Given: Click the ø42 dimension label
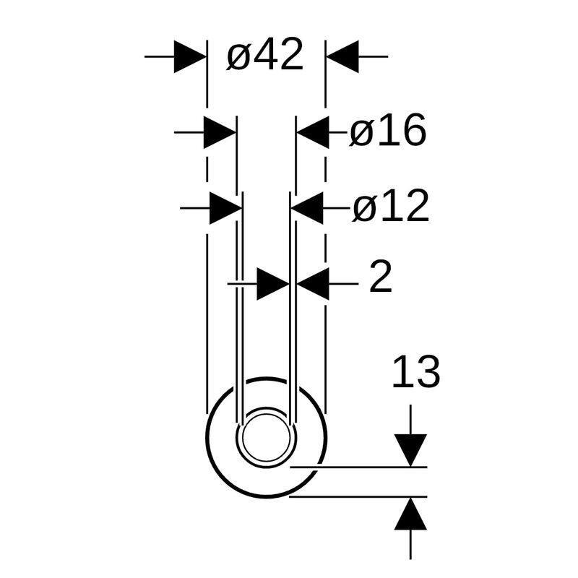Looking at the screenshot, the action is point(264,54).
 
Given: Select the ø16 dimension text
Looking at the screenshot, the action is point(387,130).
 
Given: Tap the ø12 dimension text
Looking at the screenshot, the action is point(391,206).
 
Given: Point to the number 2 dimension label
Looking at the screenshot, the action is point(381,277).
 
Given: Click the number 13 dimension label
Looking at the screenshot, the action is point(416,371).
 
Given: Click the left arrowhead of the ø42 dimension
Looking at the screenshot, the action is point(190,57).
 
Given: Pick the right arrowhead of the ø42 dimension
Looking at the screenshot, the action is point(342,57).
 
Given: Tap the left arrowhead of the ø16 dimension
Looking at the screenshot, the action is point(220,132).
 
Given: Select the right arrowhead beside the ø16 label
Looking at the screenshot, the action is point(313,132).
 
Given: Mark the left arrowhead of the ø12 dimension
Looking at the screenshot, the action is point(226,208).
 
